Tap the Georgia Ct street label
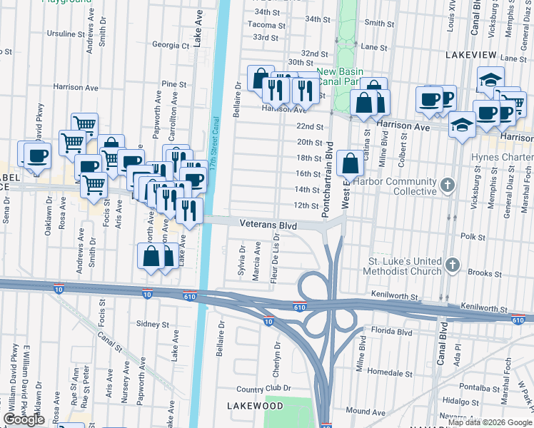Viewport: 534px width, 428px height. [171, 45]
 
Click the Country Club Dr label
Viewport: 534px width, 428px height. [264, 389]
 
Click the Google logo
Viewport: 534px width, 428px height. [24, 420]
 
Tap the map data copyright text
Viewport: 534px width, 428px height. [490, 422]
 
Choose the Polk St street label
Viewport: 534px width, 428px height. [473, 236]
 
